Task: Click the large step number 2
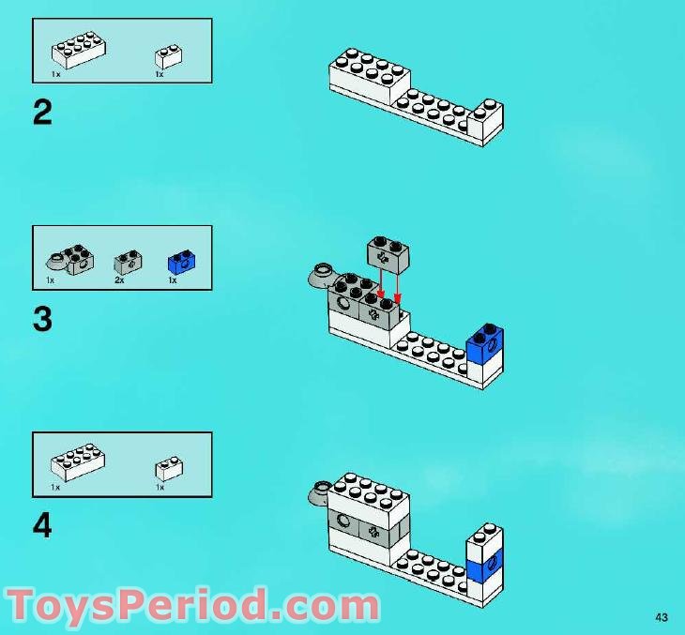[42, 113]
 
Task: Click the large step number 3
[42, 320]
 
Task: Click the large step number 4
[42, 526]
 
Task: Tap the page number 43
[662, 616]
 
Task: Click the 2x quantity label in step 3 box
[119, 280]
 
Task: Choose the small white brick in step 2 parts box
[168, 55]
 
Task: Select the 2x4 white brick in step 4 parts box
[77, 461]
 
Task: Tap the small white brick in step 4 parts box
[168, 466]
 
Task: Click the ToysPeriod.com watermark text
[192, 605]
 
